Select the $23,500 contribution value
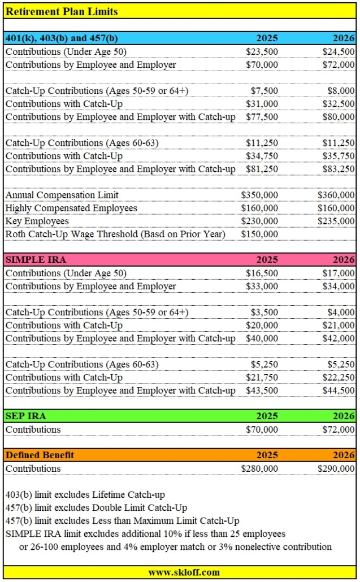262,51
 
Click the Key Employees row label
37,221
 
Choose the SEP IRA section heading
25,416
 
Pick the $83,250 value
339,169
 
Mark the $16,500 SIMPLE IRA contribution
262,273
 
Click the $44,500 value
339,390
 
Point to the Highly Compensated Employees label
71,208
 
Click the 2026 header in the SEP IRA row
344,416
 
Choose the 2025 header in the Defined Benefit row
267,455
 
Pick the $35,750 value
339,156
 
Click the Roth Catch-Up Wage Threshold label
115,234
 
